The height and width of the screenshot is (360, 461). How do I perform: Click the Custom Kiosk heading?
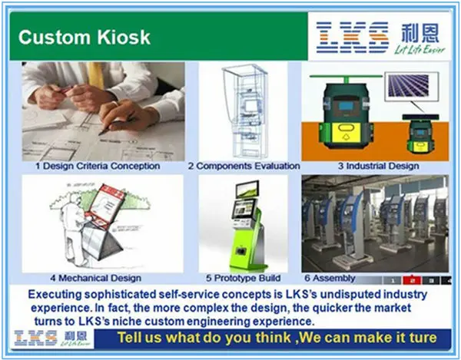[x=74, y=37]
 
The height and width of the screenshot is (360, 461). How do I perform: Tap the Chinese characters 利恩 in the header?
[x=420, y=32]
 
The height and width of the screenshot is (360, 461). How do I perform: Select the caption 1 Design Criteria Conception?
[x=98, y=166]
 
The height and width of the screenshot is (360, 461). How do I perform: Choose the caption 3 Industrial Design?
[x=375, y=166]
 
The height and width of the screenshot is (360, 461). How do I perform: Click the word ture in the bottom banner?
[x=422, y=338]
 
